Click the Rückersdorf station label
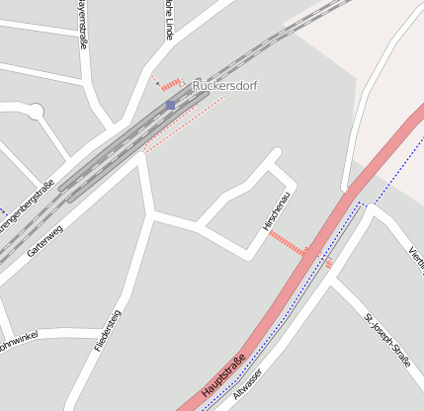click(224, 86)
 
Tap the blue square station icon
click(170, 104)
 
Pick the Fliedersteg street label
click(107, 331)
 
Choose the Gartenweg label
click(45, 241)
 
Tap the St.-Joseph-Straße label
click(386, 340)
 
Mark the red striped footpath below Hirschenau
click(288, 243)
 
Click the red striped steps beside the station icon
click(171, 84)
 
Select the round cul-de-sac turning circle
click(36, 112)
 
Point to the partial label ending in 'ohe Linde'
click(169, 20)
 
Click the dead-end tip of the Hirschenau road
click(278, 153)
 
